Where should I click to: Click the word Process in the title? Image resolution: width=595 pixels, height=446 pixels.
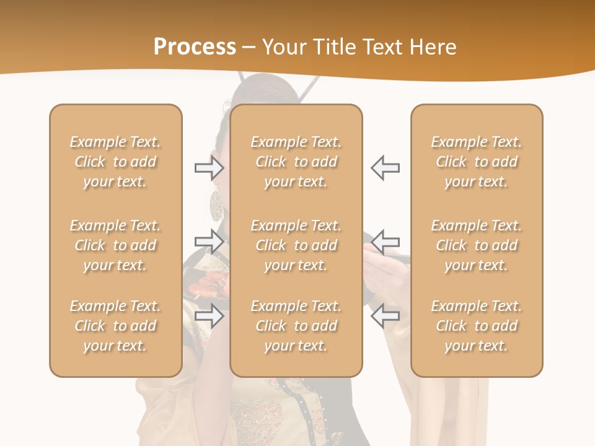click(195, 46)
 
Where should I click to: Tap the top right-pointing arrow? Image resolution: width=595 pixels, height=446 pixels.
click(209, 168)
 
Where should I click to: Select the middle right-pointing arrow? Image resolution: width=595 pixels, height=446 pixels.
click(209, 242)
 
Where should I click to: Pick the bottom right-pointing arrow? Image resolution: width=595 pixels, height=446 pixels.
click(209, 317)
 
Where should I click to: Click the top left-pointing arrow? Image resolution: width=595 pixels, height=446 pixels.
click(385, 168)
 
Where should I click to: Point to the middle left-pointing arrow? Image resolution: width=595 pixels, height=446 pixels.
click(385, 242)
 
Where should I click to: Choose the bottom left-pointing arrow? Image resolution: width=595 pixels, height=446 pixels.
click(385, 317)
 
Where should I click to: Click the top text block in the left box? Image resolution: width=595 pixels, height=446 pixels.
click(115, 162)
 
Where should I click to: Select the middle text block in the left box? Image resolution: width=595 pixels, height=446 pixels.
click(115, 245)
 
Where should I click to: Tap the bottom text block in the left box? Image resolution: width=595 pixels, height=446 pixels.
click(115, 326)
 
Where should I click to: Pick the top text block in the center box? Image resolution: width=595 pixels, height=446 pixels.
click(296, 162)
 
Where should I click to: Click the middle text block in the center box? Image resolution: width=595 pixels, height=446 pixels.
click(296, 245)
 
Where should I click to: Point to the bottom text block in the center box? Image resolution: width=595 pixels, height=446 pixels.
click(296, 326)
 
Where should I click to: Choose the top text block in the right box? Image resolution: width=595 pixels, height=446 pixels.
click(477, 162)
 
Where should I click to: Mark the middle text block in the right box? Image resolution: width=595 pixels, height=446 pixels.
click(477, 245)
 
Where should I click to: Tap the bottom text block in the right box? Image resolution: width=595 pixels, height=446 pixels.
click(477, 326)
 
